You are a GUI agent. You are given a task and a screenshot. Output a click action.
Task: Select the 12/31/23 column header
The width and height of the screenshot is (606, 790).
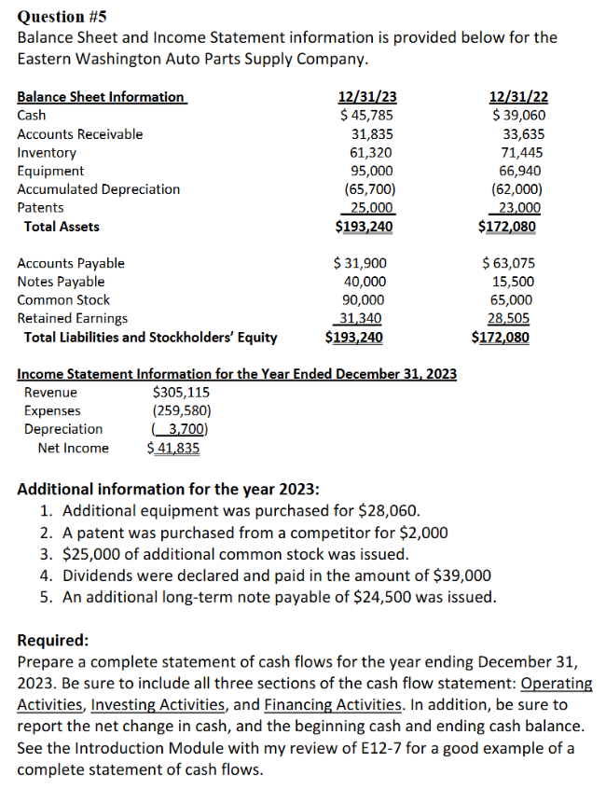365,97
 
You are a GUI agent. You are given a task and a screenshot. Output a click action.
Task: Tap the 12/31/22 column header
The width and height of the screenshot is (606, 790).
518,97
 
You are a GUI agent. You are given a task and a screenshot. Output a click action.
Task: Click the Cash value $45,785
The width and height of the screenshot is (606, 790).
365,116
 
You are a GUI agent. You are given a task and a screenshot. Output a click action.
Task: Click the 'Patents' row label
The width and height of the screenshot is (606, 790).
41,208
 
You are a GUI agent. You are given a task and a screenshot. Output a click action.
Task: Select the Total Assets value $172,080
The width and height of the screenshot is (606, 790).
508,227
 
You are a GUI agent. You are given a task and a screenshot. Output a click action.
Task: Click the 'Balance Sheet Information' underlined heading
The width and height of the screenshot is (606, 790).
101,97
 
